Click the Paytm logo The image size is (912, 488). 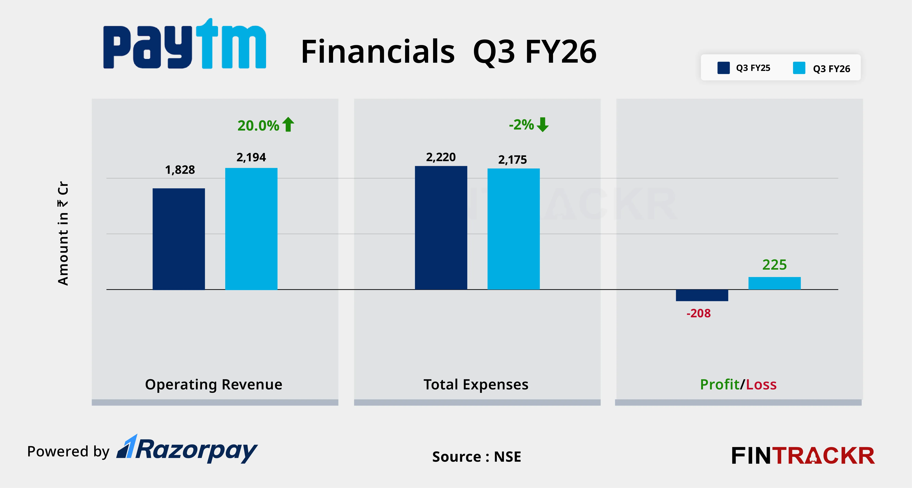point(184,44)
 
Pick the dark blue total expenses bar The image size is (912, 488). point(441,228)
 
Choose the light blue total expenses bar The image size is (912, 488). point(513,229)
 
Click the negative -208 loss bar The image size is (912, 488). point(702,295)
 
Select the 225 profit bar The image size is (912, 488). point(774,283)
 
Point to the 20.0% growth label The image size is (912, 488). point(258,126)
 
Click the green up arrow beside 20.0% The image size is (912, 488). point(288,125)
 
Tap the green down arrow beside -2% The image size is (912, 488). point(542,125)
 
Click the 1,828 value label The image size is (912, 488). point(180,170)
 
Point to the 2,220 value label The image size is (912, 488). point(441,157)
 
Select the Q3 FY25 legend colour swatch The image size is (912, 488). point(723,68)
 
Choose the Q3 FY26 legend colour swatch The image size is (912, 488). point(799,68)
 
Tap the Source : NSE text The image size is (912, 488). point(477,457)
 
